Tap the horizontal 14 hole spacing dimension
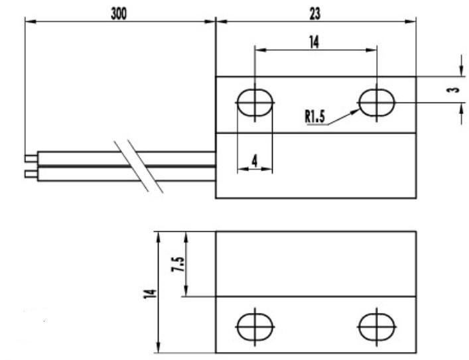[x=313, y=42]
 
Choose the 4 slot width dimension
[x=255, y=160]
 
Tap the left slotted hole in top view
[x=255, y=103]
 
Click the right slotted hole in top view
[x=376, y=103]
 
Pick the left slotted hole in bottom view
[x=255, y=326]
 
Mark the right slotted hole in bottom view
[x=376, y=326]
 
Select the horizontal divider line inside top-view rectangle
[x=316, y=132]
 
